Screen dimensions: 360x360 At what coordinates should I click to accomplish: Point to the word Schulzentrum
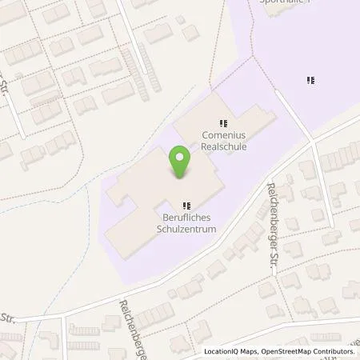(x=187, y=227)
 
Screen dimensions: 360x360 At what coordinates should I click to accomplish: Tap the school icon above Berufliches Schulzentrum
(x=187, y=204)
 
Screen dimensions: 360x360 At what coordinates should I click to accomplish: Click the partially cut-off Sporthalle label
(x=286, y=2)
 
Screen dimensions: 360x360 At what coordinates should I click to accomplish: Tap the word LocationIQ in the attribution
(x=220, y=352)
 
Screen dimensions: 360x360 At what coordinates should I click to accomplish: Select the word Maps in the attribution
(x=249, y=352)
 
